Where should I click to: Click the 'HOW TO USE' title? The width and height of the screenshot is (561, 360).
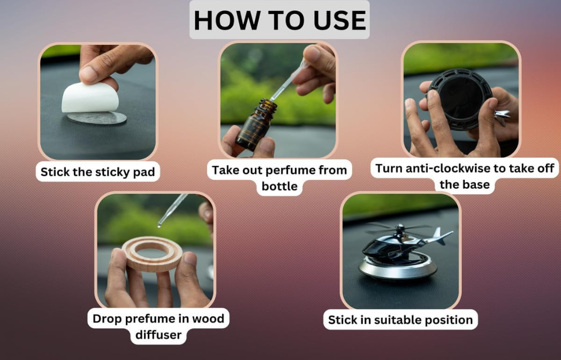(279, 20)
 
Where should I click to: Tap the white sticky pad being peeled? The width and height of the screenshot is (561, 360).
(90, 97)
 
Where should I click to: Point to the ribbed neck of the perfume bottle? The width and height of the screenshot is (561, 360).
(268, 106)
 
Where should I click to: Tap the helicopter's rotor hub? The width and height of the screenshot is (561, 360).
(400, 228)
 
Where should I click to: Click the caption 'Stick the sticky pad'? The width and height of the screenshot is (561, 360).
(97, 172)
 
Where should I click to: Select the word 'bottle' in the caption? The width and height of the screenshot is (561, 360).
(279, 186)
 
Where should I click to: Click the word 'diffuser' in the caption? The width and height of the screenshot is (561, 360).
(158, 335)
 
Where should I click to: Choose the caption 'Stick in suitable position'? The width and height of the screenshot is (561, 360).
(400, 319)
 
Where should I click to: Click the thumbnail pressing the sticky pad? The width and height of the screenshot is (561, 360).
(97, 101)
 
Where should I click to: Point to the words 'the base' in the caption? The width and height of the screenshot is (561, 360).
(465, 185)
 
